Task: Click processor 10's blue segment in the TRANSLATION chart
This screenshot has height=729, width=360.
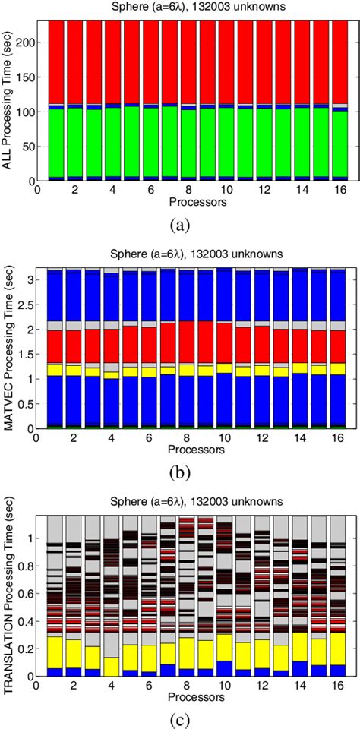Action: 225,668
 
